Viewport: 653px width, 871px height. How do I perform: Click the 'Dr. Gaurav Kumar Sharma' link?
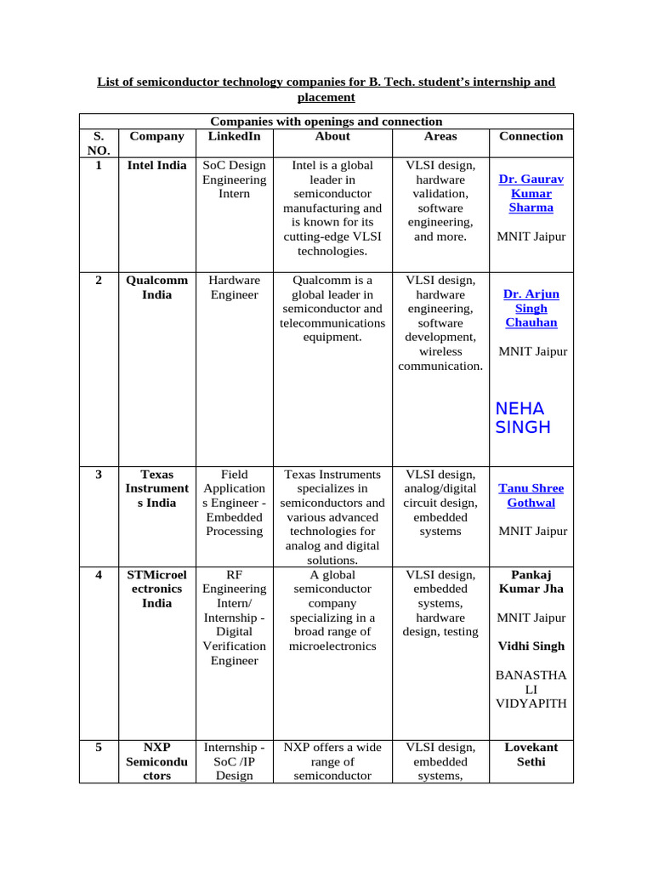click(x=531, y=193)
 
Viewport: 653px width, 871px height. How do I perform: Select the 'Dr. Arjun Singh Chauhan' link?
click(x=531, y=308)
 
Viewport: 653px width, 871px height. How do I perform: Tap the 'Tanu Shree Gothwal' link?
click(x=531, y=495)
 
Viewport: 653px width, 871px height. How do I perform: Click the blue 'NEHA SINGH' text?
click(x=522, y=418)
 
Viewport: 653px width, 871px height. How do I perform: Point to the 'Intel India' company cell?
click(x=156, y=165)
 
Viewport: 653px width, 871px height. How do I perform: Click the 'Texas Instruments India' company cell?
click(x=156, y=488)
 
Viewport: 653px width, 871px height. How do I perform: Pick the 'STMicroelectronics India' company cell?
click(x=156, y=589)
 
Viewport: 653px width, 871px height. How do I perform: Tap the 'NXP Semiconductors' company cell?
click(x=156, y=761)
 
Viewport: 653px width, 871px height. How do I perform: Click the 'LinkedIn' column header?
click(x=234, y=136)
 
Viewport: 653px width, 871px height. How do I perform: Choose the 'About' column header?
click(x=332, y=136)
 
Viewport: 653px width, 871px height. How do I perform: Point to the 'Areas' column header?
click(x=440, y=136)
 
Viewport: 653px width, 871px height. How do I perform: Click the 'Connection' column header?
click(x=531, y=136)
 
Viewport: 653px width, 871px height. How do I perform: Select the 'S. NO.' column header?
click(x=99, y=143)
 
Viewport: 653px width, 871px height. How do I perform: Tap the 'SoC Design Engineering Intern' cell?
click(x=234, y=179)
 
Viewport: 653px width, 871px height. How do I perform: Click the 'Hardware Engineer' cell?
click(x=234, y=287)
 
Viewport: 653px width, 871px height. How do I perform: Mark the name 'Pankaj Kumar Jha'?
click(x=531, y=582)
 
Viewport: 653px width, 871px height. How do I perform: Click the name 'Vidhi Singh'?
click(x=531, y=646)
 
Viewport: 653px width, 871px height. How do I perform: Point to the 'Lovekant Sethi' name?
click(x=531, y=754)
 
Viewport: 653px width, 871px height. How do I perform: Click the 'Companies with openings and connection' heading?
click(x=326, y=122)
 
